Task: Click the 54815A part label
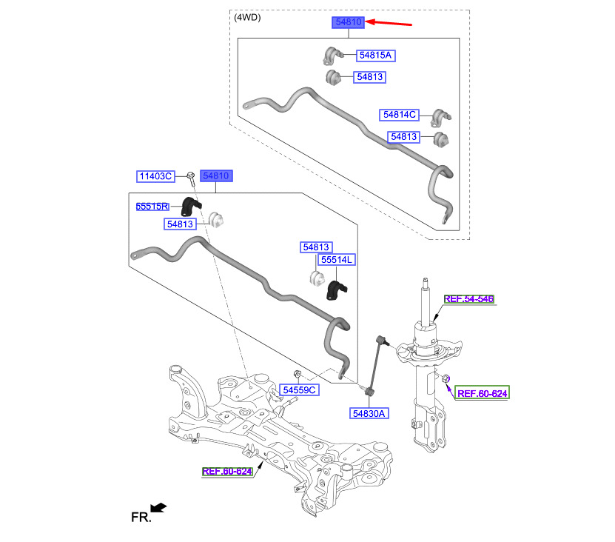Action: [375, 56]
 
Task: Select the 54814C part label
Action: [400, 115]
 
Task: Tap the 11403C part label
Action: [155, 176]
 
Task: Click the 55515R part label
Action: [152, 207]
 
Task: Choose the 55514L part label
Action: [337, 259]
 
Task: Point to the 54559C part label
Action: [299, 389]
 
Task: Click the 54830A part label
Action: [369, 413]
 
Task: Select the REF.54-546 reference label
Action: [469, 299]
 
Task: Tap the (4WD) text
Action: [247, 18]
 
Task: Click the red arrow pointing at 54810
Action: [389, 23]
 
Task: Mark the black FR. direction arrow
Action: [159, 507]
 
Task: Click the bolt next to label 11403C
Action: [191, 179]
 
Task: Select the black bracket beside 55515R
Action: [191, 207]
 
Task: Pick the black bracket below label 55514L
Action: [336, 290]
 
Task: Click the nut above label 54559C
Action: [298, 373]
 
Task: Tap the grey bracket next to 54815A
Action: [333, 56]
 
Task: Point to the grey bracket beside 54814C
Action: [441, 118]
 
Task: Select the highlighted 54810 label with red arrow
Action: [349, 22]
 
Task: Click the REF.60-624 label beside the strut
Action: [482, 393]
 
